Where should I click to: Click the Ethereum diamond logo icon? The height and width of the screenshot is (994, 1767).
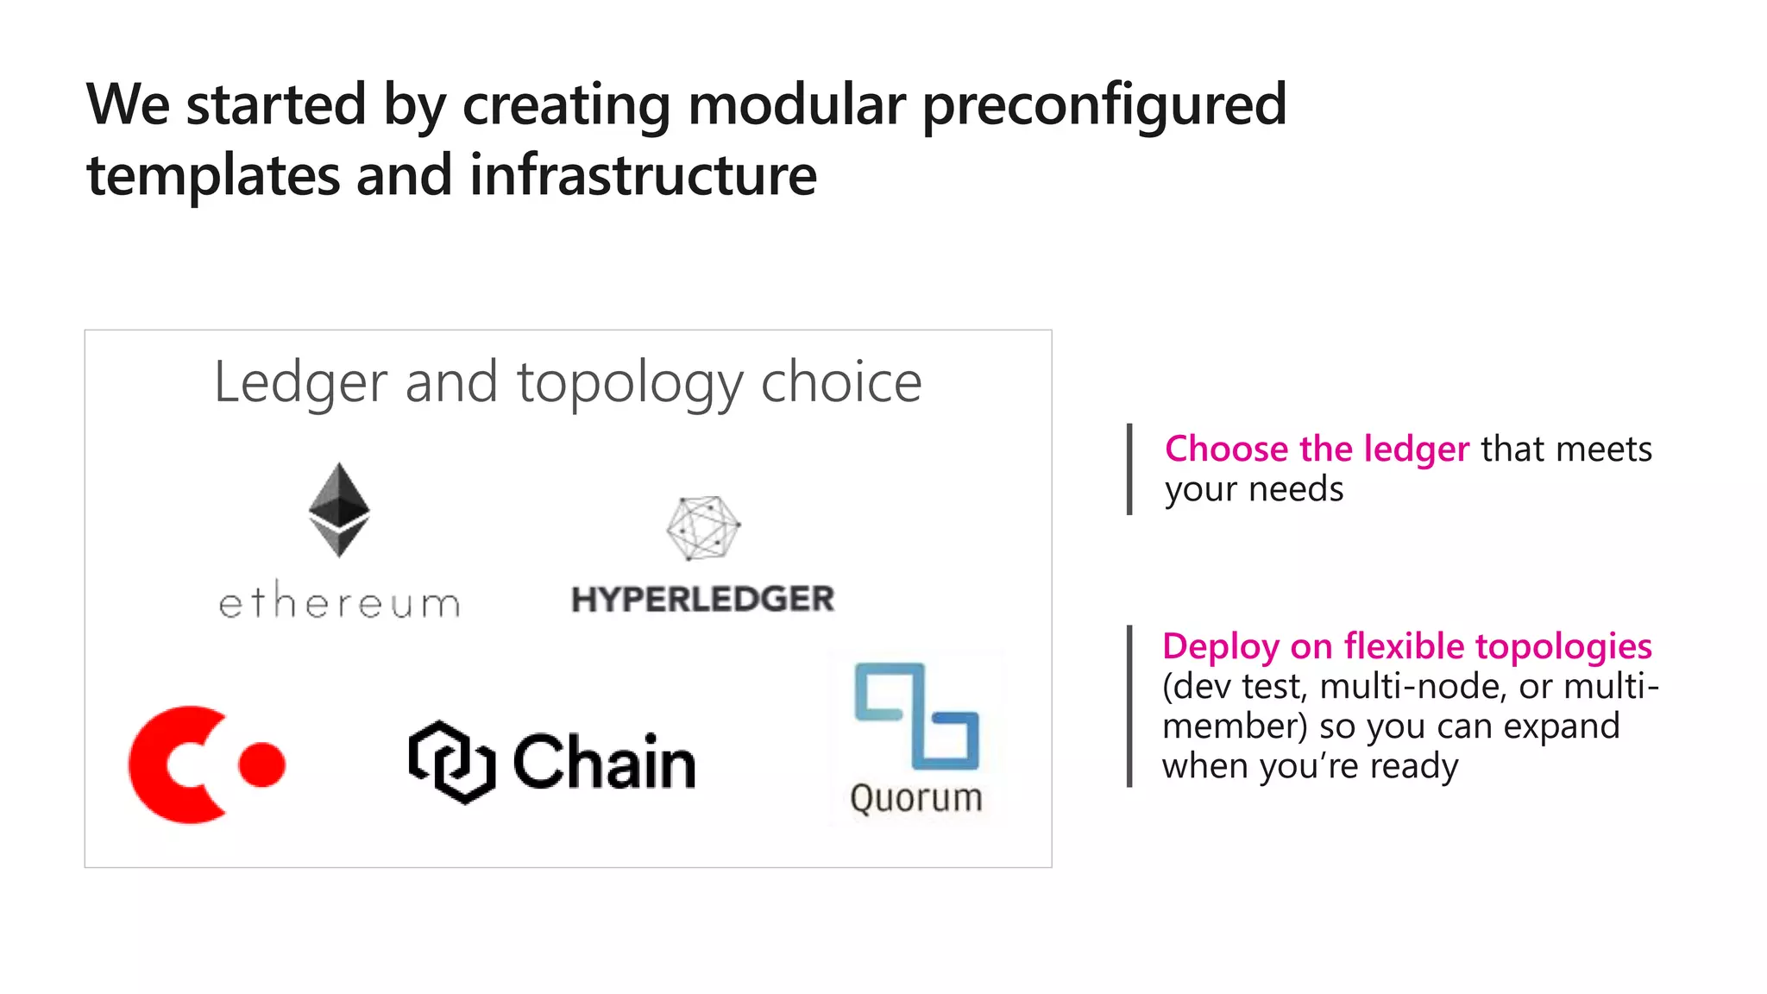click(339, 510)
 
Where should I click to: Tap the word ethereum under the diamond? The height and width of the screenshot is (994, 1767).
click(339, 601)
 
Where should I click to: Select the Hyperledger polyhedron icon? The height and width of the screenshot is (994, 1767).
click(703, 527)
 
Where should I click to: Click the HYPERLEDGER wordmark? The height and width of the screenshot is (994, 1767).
click(702, 599)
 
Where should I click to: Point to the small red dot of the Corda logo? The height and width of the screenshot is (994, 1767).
click(262, 764)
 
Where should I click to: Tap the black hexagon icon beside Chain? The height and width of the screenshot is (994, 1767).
click(450, 762)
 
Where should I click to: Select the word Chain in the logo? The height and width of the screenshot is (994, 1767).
click(604, 762)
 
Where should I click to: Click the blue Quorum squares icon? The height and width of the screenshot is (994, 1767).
click(916, 715)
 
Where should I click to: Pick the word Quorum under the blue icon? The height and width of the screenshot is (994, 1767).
click(916, 798)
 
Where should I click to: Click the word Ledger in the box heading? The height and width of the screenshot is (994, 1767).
click(300, 382)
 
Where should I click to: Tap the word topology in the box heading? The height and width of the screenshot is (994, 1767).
click(629, 382)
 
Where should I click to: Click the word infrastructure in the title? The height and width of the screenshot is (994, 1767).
click(643, 175)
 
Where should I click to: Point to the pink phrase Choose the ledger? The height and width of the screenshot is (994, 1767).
click(1317, 449)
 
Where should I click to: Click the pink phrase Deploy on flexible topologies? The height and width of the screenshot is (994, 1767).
click(1406, 646)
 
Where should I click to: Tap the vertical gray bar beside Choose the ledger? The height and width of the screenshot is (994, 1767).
click(1129, 469)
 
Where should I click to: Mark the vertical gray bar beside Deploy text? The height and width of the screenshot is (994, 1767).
click(1129, 706)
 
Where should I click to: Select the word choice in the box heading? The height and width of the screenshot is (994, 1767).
click(841, 382)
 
